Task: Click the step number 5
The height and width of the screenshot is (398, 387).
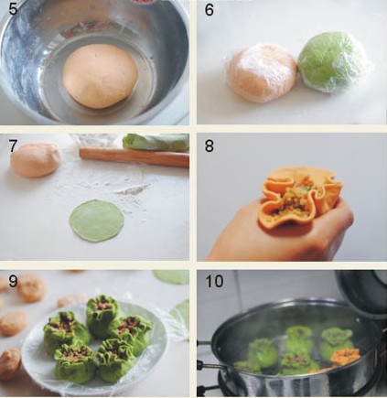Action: [x=13, y=9]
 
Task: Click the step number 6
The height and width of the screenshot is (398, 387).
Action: [x=209, y=10]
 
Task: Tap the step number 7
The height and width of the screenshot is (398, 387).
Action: [x=13, y=145]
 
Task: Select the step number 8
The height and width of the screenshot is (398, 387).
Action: [x=209, y=145]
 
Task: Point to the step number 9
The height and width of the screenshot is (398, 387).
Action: [x=13, y=281]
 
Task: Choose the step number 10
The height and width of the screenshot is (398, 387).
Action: [x=214, y=281]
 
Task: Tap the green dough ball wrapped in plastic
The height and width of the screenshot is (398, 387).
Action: [x=332, y=64]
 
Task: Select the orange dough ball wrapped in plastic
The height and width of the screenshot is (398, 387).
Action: [x=261, y=72]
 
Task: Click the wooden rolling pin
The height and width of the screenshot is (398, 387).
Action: [x=134, y=156]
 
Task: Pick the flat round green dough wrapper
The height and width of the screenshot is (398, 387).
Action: [x=97, y=221]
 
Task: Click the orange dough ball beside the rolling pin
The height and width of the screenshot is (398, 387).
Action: [x=35, y=159]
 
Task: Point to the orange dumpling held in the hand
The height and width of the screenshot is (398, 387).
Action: [x=300, y=196]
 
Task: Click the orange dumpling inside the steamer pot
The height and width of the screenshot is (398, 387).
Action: [x=345, y=357]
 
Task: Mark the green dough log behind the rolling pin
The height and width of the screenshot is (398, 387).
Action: [x=156, y=143]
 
